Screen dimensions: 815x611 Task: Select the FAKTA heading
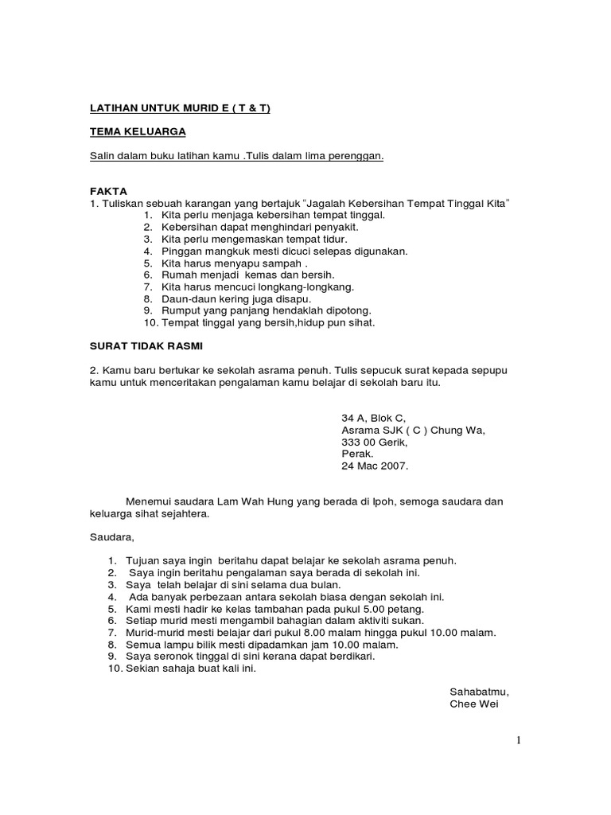(x=108, y=191)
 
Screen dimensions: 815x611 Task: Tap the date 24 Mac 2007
(x=375, y=466)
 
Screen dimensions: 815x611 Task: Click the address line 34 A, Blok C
(x=373, y=418)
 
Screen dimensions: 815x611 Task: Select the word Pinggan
(x=181, y=251)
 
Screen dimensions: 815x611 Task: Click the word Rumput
(x=181, y=310)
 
